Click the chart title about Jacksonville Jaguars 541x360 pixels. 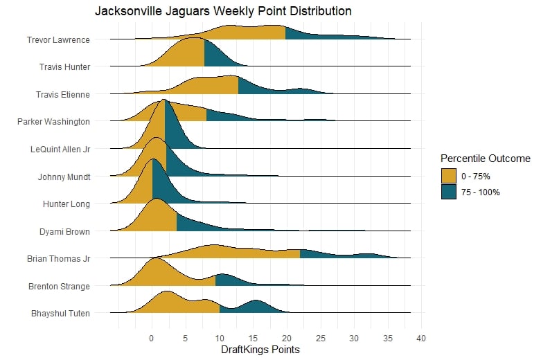point(223,12)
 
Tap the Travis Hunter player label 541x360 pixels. point(65,66)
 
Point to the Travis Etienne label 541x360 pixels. point(63,94)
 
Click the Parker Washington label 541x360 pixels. point(53,121)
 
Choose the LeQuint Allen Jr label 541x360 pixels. point(60,149)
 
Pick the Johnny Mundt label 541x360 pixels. point(64,177)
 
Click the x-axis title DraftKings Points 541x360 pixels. point(260,350)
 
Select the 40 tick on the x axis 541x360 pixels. point(420,339)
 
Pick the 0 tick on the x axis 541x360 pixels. point(152,339)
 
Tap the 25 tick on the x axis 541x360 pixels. point(320,339)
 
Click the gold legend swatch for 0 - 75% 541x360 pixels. point(449,176)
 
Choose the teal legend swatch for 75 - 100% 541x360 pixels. point(449,192)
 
